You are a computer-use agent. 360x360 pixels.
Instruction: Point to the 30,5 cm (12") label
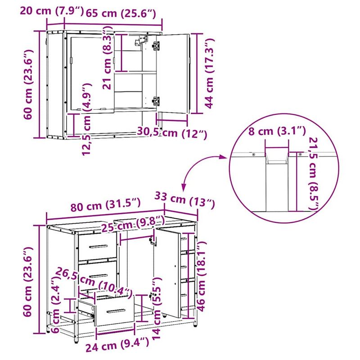point(171,133)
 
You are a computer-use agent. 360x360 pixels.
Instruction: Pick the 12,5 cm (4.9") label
point(87,119)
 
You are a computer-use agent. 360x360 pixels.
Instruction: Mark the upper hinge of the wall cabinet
point(156,45)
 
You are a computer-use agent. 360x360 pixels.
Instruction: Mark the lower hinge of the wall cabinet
point(156,101)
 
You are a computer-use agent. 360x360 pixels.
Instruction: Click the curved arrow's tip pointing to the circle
point(224,157)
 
